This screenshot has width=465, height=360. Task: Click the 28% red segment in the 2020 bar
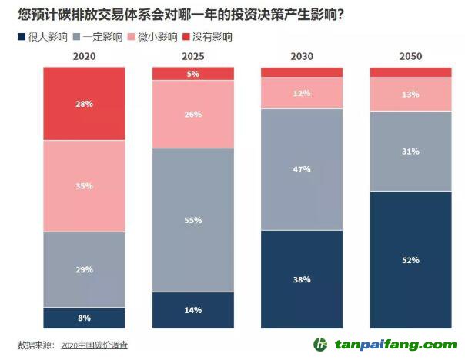point(84,103)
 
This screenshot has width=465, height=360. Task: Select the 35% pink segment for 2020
point(84,185)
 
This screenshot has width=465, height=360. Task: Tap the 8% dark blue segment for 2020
point(84,318)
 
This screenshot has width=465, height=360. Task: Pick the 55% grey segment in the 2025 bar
point(192,220)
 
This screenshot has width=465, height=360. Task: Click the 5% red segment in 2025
point(192,74)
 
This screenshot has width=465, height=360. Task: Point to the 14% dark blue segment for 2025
point(192,310)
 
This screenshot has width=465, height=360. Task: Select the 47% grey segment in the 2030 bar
point(301,169)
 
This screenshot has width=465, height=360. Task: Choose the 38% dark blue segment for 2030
point(301,279)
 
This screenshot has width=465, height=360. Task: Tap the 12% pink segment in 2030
point(301,93)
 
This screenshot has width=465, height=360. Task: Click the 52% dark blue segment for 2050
point(410,260)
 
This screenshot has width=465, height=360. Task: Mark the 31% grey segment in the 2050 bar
point(410,151)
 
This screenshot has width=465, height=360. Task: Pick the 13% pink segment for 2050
point(410,95)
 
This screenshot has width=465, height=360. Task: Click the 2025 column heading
point(192,55)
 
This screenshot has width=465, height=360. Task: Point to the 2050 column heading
point(410,55)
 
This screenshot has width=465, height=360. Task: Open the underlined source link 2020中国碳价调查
point(94,345)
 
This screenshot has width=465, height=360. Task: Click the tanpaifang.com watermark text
point(394,345)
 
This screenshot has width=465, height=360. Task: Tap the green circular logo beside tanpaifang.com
point(320,345)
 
